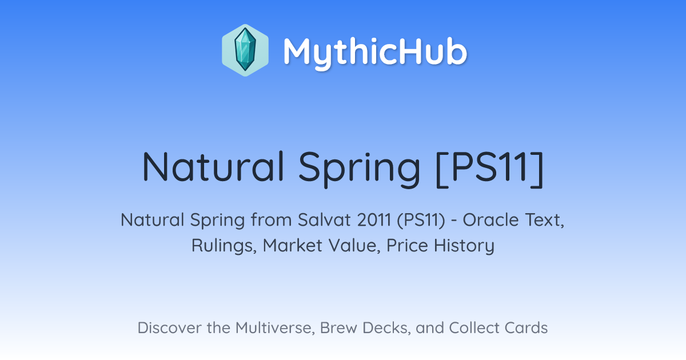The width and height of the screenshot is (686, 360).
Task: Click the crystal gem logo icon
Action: pos(245,50)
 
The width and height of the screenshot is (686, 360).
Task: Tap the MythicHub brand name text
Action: pos(375,53)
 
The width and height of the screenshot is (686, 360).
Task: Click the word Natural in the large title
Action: pos(213,167)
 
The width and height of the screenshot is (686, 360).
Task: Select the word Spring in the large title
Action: pos(359,170)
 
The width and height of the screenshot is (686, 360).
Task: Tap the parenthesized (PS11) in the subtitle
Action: pos(421,221)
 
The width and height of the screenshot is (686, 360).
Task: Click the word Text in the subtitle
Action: pos(544,220)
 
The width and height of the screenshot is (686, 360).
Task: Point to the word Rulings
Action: pos(224,246)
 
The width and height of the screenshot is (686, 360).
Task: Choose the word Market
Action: pos(293,245)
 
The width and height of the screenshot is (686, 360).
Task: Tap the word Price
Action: pos(407,245)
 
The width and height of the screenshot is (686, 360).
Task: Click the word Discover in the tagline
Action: pos(169,328)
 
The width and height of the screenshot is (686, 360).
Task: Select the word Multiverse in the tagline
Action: pos(275,328)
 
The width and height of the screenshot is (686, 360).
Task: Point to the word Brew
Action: pos(338,328)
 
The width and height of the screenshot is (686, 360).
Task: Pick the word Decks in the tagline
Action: pos(386,328)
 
